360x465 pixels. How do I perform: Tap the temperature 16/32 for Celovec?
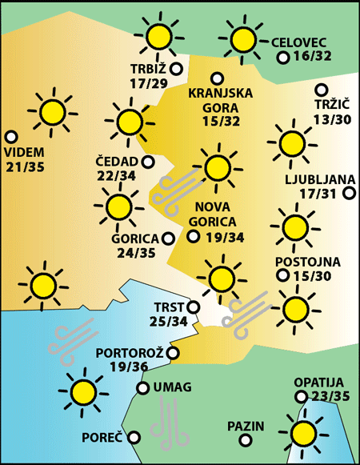click(x=313, y=57)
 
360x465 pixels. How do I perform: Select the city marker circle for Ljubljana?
click(x=349, y=193)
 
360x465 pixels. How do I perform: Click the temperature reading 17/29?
click(x=148, y=83)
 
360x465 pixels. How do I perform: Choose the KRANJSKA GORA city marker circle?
click(x=216, y=78)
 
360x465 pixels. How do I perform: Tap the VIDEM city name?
click(x=26, y=152)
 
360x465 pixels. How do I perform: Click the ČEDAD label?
click(x=117, y=162)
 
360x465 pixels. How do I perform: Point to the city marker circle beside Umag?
click(x=143, y=388)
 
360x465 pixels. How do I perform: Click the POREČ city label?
click(x=102, y=438)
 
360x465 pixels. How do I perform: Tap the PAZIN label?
click(x=246, y=426)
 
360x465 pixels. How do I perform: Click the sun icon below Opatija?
click(x=302, y=433)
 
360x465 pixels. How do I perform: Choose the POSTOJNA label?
click(x=308, y=262)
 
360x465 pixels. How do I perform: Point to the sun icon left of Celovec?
click(x=242, y=39)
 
